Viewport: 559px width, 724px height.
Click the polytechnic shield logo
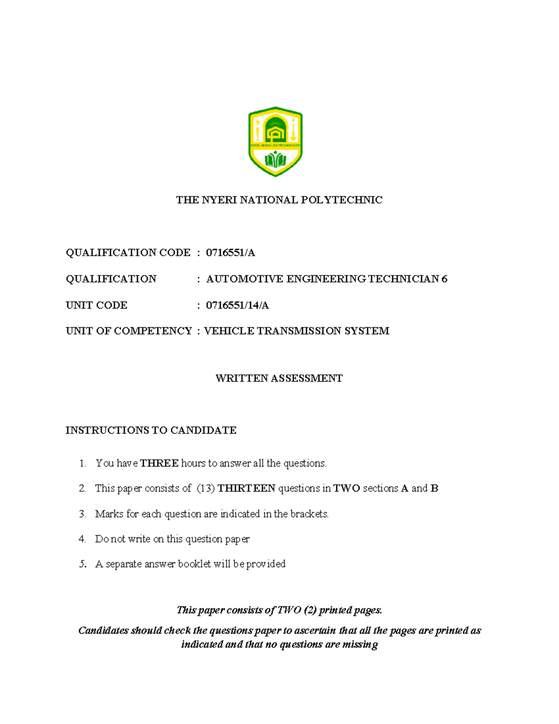coord(275,141)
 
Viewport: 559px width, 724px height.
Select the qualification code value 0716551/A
coord(230,253)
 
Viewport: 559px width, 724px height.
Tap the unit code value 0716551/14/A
coord(237,305)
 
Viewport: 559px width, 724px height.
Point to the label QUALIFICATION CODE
coord(128,253)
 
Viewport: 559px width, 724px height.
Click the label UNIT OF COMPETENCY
coord(129,331)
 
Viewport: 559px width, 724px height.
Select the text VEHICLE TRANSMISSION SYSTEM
coord(297,331)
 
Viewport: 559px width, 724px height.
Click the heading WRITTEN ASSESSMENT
coord(279,378)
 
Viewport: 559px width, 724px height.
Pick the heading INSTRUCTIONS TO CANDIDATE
coord(151,430)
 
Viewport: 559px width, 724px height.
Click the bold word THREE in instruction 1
coord(159,463)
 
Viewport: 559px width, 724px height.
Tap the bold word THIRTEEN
coord(246,489)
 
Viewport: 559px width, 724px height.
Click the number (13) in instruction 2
coord(205,489)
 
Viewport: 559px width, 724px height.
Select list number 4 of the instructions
coord(82,539)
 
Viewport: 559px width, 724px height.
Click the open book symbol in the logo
coord(275,161)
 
